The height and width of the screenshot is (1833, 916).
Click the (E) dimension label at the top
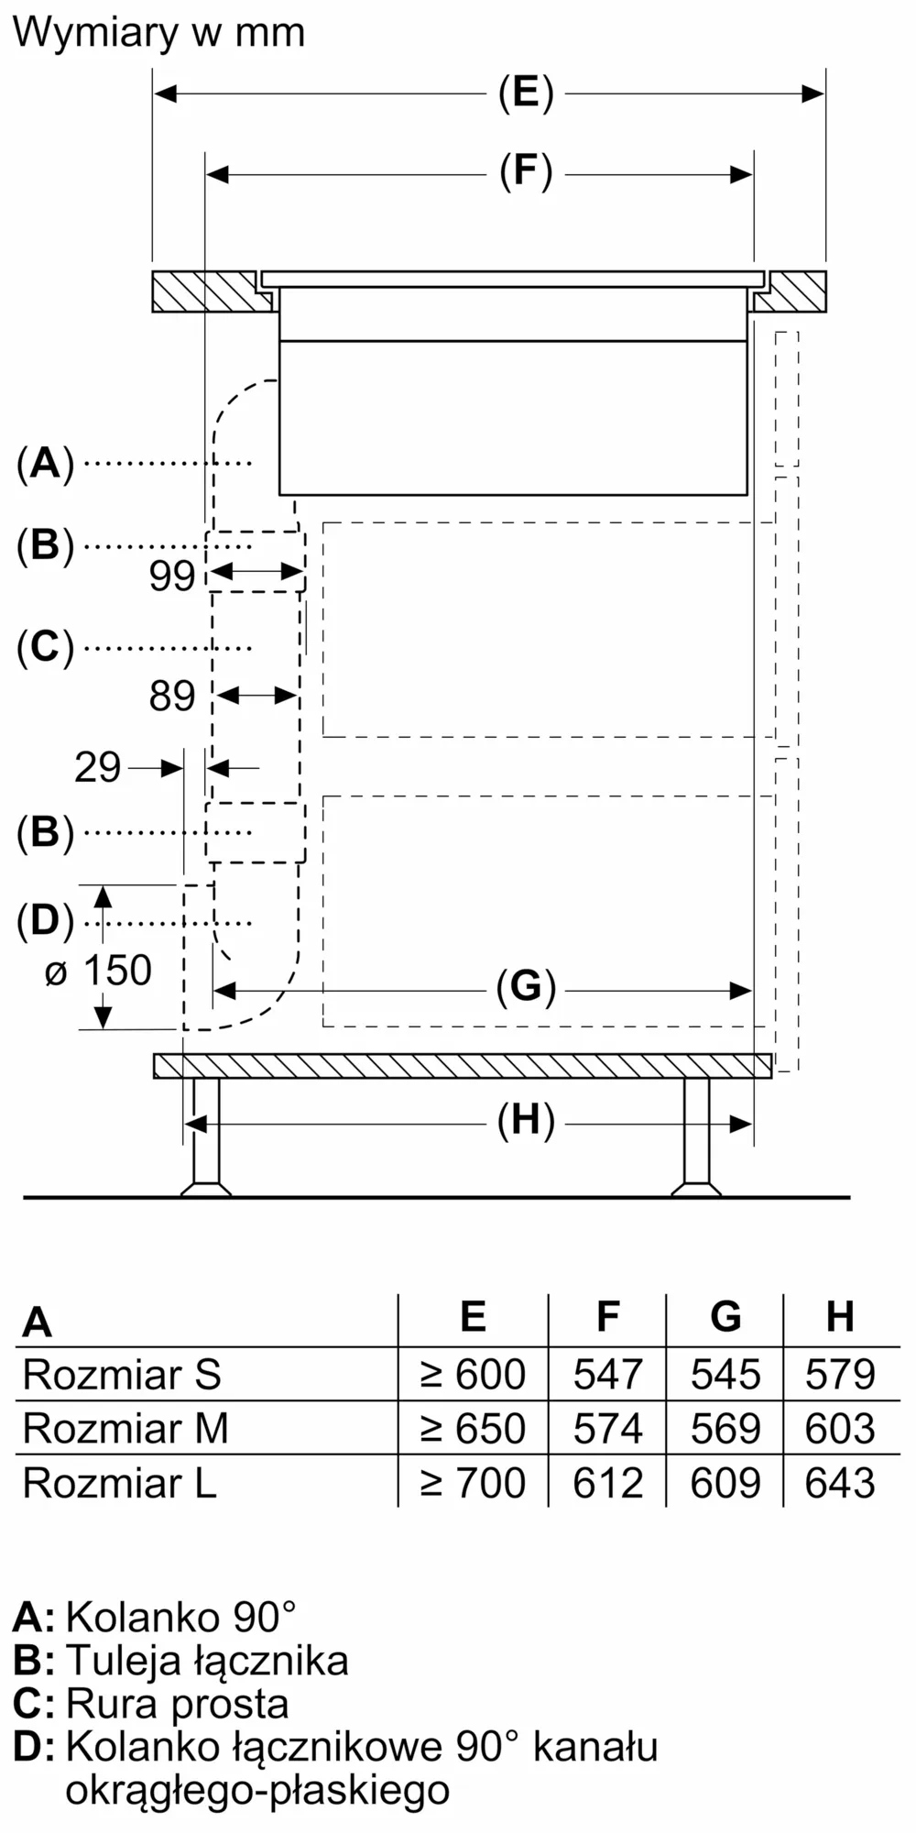click(x=526, y=93)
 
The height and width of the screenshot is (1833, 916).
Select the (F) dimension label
click(x=526, y=172)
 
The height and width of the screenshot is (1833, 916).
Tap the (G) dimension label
click(x=526, y=988)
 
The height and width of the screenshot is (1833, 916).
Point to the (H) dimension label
click(x=526, y=1122)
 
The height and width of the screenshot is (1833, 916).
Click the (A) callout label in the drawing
click(x=45, y=463)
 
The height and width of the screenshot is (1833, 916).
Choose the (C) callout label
click(x=45, y=647)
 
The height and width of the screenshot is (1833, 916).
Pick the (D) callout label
click(x=45, y=921)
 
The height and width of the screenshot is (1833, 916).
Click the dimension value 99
click(x=172, y=576)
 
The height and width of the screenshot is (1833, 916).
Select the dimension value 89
click(x=172, y=696)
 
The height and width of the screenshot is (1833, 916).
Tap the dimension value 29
click(x=97, y=767)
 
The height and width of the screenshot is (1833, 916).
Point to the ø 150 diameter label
click(x=98, y=971)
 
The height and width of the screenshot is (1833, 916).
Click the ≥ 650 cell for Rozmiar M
click(x=473, y=1428)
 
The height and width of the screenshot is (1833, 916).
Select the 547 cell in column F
click(x=608, y=1374)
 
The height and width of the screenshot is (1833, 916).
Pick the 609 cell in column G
click(x=725, y=1482)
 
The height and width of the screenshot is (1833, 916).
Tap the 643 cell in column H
click(x=840, y=1482)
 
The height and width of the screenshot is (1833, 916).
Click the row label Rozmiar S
click(x=122, y=1374)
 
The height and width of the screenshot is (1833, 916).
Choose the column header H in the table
click(x=840, y=1317)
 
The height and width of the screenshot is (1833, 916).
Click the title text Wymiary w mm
click(x=158, y=33)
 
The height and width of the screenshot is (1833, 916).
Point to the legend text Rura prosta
click(x=177, y=1703)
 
